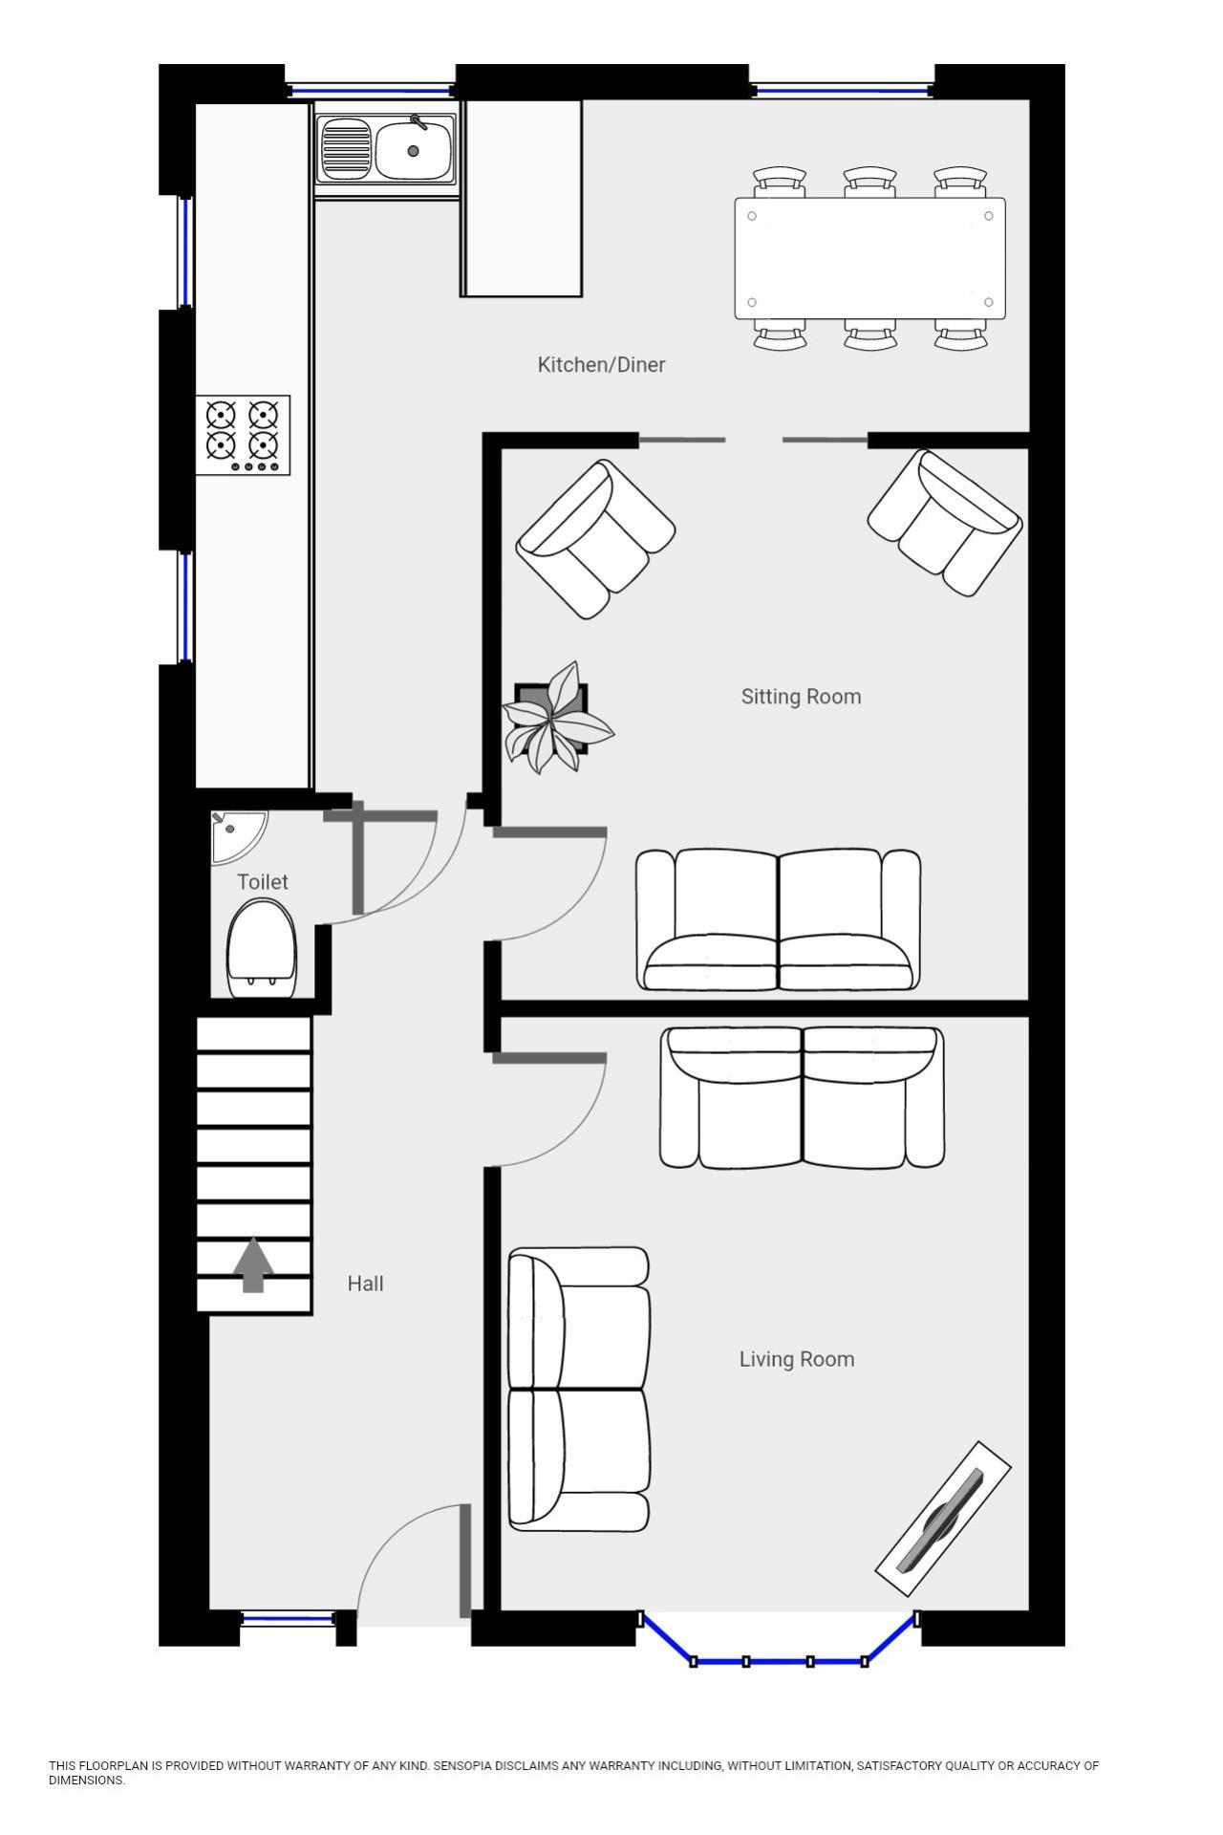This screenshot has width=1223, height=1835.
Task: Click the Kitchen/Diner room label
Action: (x=601, y=364)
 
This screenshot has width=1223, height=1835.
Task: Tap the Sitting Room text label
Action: (x=801, y=697)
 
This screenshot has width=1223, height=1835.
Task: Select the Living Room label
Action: (x=797, y=1359)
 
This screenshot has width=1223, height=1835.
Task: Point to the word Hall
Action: (x=365, y=1284)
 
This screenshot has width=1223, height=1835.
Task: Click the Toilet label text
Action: (x=263, y=881)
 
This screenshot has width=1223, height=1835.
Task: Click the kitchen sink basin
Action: (x=414, y=150)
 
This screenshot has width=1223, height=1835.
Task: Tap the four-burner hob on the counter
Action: (x=243, y=436)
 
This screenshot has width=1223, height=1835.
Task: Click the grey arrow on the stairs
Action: (x=253, y=1264)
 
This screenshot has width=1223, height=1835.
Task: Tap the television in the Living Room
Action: (x=943, y=1520)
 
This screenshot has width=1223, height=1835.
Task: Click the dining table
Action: (x=869, y=258)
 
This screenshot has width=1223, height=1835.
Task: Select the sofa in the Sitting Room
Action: (x=779, y=919)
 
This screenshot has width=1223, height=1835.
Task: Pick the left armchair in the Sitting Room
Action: (x=595, y=539)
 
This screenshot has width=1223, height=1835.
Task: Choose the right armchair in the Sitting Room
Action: (x=945, y=523)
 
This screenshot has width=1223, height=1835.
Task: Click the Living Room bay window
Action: (x=779, y=1661)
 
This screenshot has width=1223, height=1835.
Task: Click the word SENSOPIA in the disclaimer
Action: (x=463, y=1766)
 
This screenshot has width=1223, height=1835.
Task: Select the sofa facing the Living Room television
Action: (x=579, y=1389)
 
